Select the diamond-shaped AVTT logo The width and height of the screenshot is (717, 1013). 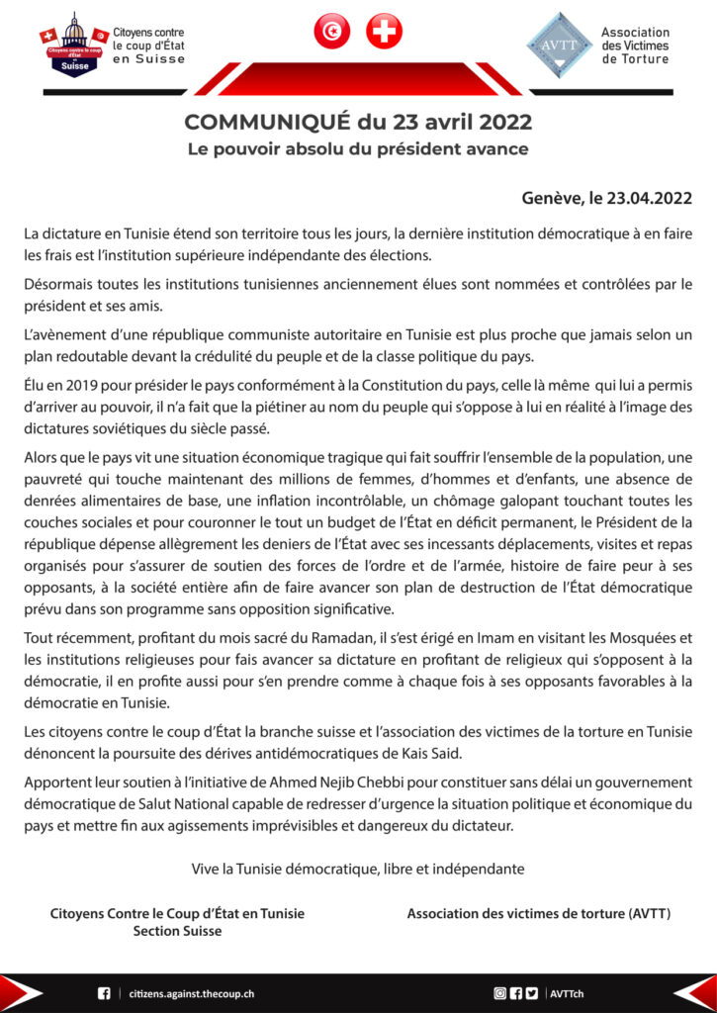[559, 45]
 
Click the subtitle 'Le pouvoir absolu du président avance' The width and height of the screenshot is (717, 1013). [358, 149]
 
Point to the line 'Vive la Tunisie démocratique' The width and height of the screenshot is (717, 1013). [358, 869]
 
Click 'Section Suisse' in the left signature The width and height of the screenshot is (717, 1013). [177, 931]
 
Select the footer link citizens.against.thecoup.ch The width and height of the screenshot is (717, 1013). [192, 992]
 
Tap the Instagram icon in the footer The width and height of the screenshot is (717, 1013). [500, 992]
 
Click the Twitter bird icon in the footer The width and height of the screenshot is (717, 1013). [532, 992]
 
